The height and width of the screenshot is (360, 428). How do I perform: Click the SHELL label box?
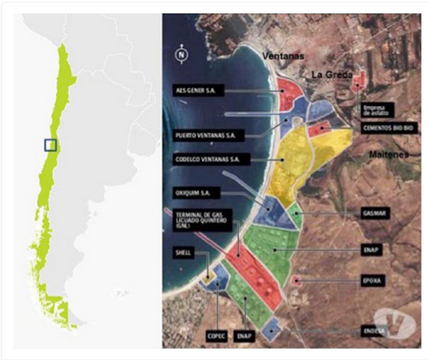point(183,253)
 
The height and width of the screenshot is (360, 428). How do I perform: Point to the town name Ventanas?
point(282,56)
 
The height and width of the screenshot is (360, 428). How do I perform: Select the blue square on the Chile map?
point(50,145)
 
